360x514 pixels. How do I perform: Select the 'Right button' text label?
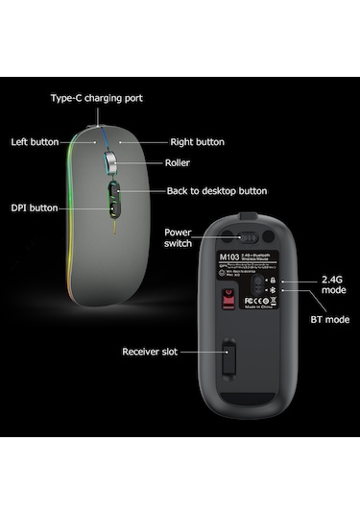point(197,141)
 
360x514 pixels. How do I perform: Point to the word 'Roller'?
point(178,163)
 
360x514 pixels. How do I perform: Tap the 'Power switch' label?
point(179,237)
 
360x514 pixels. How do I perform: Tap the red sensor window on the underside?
point(228,304)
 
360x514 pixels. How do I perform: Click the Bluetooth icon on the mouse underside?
point(273,290)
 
